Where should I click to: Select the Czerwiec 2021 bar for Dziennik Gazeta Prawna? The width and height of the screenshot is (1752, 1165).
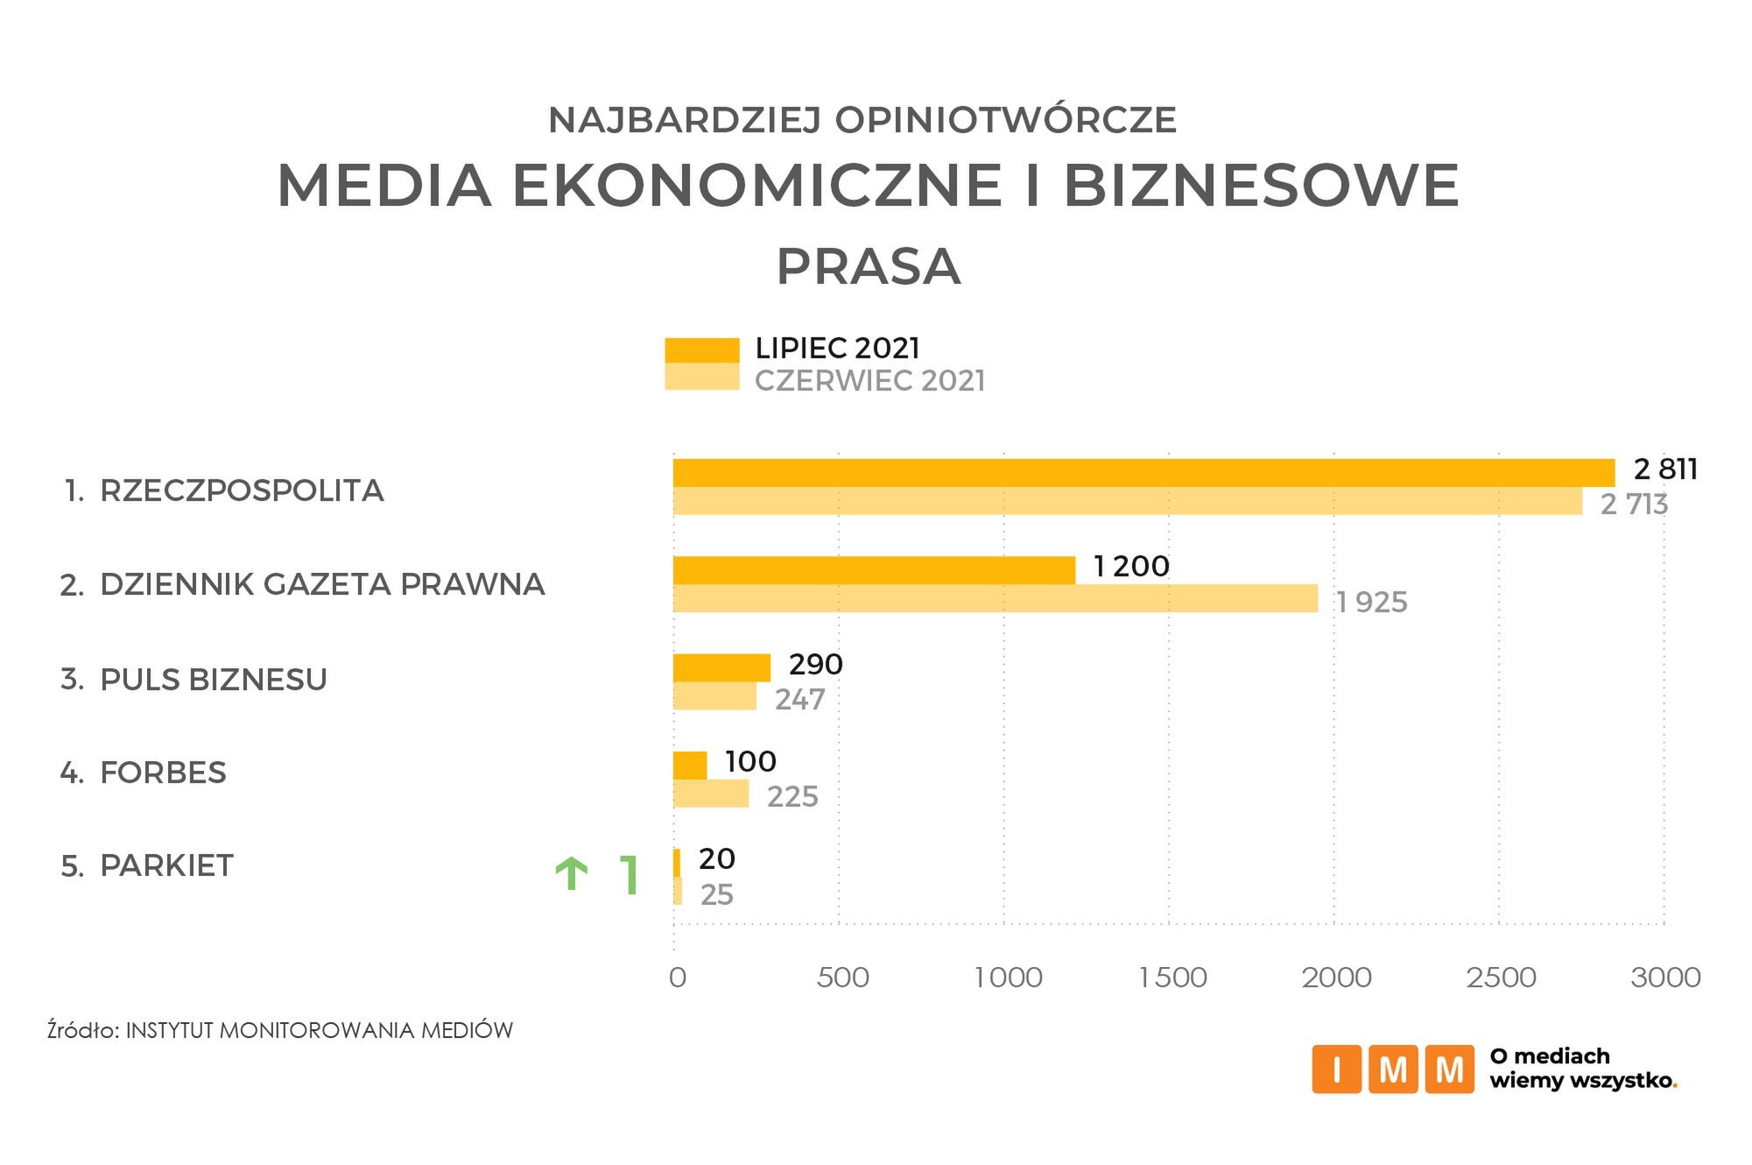tap(995, 598)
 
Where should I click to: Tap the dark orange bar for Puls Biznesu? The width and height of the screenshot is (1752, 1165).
tap(721, 667)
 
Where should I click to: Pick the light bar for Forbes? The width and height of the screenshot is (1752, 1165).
tap(711, 794)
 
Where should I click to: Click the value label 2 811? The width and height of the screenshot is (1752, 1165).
tap(1665, 470)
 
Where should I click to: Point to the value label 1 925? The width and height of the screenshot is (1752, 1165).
tap(1371, 603)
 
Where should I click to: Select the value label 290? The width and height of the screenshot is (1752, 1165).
tap(815, 665)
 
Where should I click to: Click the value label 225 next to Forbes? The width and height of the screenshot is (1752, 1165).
tap(792, 796)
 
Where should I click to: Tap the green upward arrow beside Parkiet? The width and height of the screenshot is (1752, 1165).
tap(572, 874)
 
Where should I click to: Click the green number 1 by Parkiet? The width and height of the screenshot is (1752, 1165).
tap(629, 874)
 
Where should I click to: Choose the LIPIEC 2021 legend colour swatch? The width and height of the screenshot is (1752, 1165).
tap(701, 349)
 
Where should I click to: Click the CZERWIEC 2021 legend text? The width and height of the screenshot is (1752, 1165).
tap(869, 381)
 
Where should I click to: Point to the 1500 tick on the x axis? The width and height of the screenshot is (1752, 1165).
tap(1172, 977)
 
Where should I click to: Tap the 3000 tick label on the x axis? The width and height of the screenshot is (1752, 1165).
tap(1665, 977)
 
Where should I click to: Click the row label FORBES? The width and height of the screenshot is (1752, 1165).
tap(163, 773)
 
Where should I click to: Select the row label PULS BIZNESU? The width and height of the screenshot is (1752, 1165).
tap(214, 680)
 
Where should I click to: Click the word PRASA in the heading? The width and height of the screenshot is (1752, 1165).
tap(869, 267)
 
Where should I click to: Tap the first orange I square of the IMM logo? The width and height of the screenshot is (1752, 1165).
tap(1336, 1069)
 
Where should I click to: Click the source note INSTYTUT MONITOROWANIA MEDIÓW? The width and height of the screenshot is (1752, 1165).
tap(319, 1030)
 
